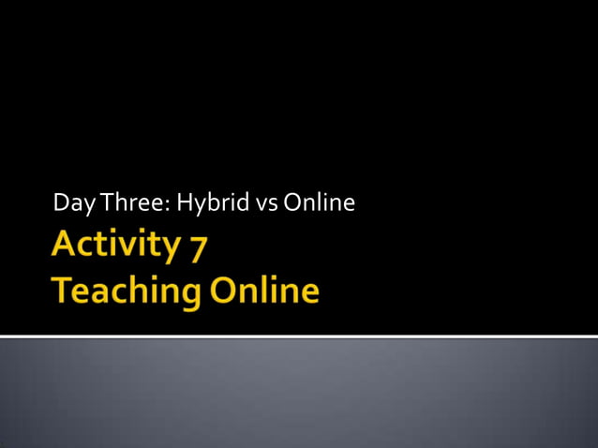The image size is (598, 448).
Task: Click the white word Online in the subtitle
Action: point(319,202)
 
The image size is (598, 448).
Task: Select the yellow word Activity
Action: point(114,246)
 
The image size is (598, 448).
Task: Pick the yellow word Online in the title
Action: point(264,290)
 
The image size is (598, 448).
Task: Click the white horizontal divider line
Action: point(299,336)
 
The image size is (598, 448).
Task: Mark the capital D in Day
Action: point(60,202)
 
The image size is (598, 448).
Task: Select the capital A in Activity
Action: point(65,246)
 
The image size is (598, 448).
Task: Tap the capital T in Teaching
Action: point(62,290)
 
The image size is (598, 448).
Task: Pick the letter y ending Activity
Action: point(170,250)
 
